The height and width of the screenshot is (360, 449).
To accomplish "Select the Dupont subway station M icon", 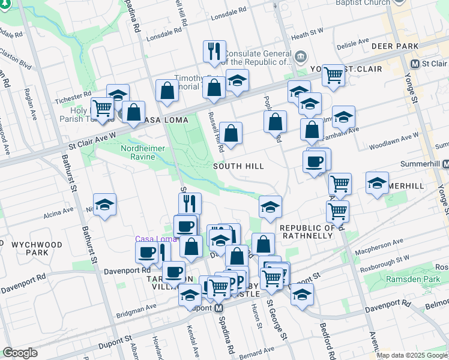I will click(x=219, y=307).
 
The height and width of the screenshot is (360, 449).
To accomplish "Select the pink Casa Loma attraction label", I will click(x=154, y=239).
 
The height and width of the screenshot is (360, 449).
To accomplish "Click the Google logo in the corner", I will click(x=20, y=353).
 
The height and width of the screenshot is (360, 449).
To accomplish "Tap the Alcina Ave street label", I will click(x=58, y=213).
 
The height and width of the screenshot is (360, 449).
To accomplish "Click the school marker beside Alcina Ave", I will click(x=105, y=205).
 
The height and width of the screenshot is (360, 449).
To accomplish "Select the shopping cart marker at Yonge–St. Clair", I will click(x=333, y=75).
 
